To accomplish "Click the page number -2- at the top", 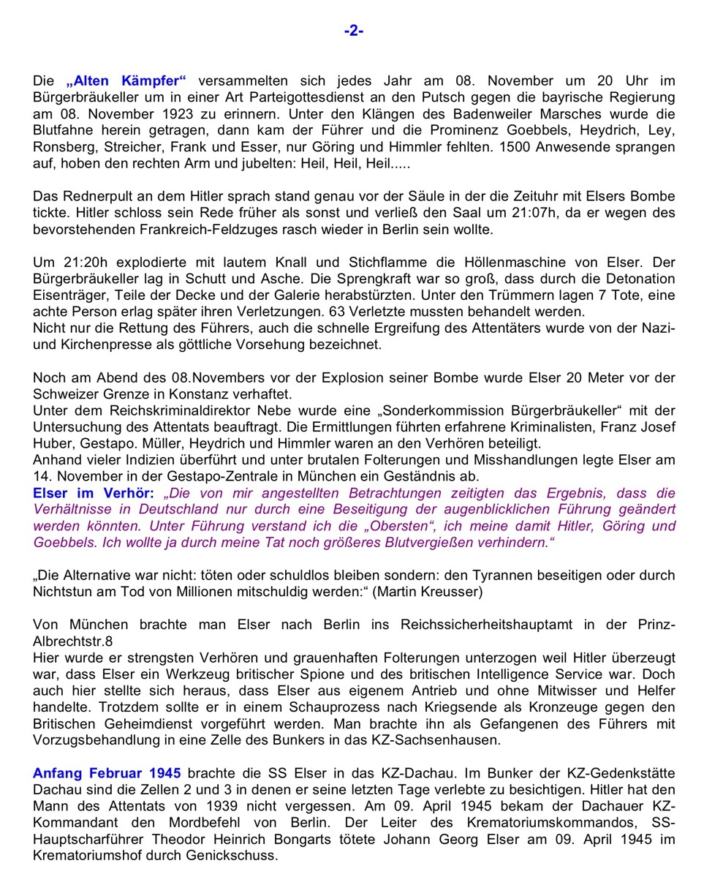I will coord(354,31).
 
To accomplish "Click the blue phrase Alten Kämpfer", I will coord(126,81).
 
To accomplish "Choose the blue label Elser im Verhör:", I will coord(94,493).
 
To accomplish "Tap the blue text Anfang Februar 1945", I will coord(107,773).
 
